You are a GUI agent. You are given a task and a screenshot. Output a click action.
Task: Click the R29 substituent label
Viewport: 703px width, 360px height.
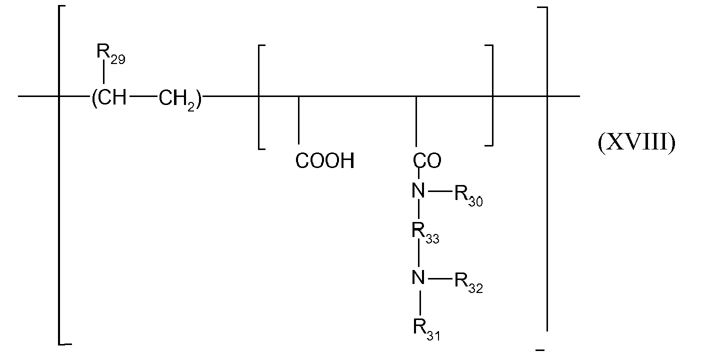click(x=111, y=54)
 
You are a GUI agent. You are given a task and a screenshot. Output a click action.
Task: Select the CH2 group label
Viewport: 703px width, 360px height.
click(x=177, y=99)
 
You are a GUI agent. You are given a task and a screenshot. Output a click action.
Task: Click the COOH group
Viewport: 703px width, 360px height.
click(x=325, y=160)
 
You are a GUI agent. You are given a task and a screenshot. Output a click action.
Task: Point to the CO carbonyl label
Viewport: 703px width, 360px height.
click(x=427, y=160)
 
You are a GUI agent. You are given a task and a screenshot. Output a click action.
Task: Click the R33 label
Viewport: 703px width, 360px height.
click(x=425, y=233)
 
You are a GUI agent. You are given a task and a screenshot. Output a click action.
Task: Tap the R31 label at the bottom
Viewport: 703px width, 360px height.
click(x=426, y=330)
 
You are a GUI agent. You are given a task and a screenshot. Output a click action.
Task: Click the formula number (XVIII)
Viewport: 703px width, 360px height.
click(x=637, y=143)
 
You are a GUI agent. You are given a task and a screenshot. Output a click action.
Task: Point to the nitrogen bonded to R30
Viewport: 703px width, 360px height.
click(x=418, y=190)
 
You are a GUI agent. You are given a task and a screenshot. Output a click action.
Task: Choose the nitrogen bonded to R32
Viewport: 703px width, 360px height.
click(x=418, y=277)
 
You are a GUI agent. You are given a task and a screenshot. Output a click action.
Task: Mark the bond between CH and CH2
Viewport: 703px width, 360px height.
click(x=143, y=96)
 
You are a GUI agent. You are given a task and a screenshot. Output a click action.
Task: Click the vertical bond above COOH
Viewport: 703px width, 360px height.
click(x=298, y=120)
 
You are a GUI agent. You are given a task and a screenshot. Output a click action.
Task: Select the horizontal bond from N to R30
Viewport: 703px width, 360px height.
click(x=440, y=190)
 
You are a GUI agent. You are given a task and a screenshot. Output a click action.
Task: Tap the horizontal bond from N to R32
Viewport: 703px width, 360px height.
click(x=440, y=278)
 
